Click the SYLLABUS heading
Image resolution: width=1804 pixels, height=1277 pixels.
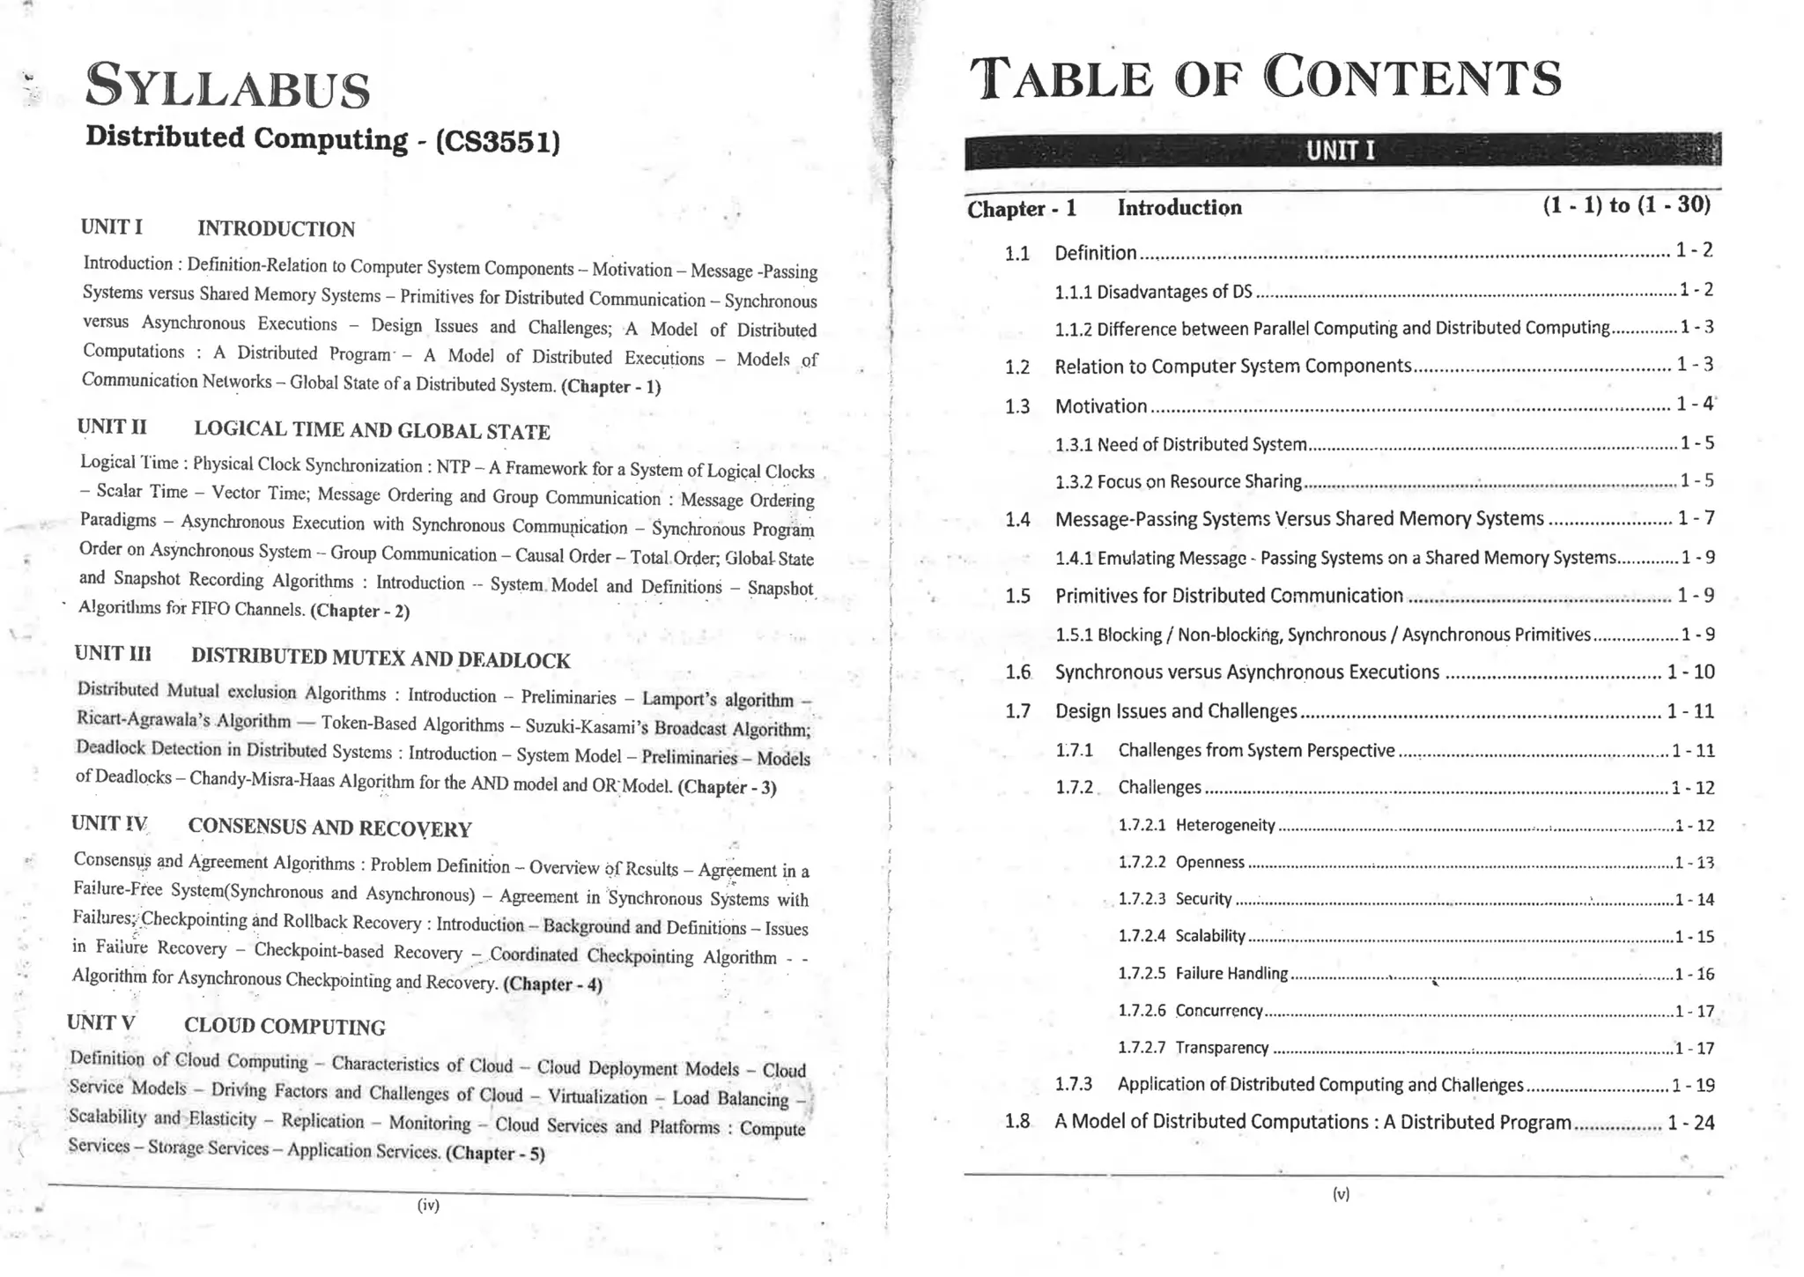tap(227, 87)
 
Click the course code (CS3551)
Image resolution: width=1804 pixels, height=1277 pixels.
tap(498, 142)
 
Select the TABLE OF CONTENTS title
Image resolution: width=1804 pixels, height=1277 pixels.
tap(1265, 78)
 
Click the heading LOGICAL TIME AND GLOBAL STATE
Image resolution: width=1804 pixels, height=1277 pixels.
tap(372, 431)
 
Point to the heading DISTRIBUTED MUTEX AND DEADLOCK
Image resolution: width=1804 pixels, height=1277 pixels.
tap(381, 658)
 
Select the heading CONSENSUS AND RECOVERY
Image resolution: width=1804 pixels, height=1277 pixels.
tap(329, 828)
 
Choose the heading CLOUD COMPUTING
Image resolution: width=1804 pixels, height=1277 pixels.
tap(285, 1026)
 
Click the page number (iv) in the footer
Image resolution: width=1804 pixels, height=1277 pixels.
tap(428, 1205)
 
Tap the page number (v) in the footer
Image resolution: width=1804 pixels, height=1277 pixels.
tap(1341, 1194)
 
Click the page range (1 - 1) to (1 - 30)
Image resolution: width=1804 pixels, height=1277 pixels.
tap(1626, 205)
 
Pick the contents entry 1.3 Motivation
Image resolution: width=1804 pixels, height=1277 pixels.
tap(1100, 406)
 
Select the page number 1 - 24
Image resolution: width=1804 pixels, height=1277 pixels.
tap(1690, 1123)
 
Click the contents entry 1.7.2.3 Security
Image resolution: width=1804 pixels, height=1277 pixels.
tap(1202, 899)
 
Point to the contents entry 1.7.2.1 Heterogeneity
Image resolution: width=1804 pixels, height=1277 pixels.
tap(1224, 825)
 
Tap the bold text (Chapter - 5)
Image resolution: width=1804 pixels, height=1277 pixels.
tap(495, 1153)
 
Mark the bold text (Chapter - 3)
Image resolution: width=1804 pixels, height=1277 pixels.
tap(727, 787)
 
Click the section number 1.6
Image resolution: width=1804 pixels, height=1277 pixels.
tap(1017, 672)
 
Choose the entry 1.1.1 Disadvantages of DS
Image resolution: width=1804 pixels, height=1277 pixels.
tap(1153, 292)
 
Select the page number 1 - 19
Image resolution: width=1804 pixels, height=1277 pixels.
tap(1693, 1085)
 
